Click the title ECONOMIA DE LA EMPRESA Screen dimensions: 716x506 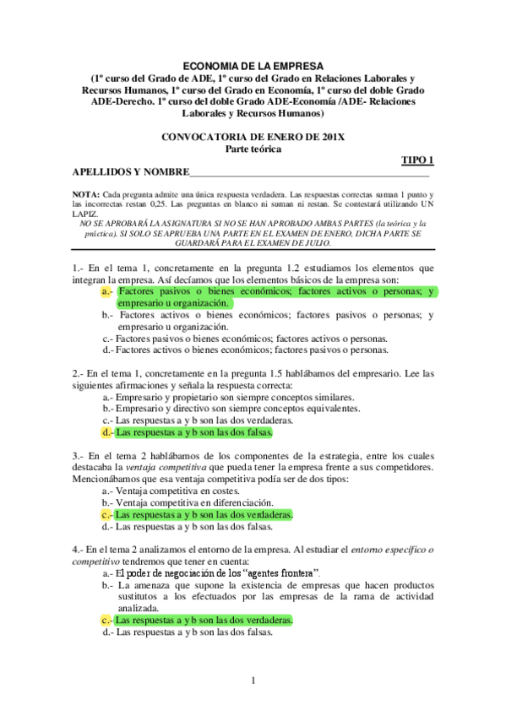click(x=253, y=65)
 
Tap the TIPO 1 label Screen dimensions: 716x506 click(x=416, y=160)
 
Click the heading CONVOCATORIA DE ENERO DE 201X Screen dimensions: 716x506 click(x=253, y=137)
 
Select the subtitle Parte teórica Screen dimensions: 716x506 click(x=253, y=149)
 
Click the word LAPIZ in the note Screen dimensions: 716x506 click(x=85, y=213)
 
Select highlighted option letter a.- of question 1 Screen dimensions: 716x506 click(x=107, y=291)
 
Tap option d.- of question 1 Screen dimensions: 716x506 click(x=108, y=349)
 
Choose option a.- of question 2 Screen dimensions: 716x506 click(x=108, y=396)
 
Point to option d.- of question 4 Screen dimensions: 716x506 click(x=108, y=631)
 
